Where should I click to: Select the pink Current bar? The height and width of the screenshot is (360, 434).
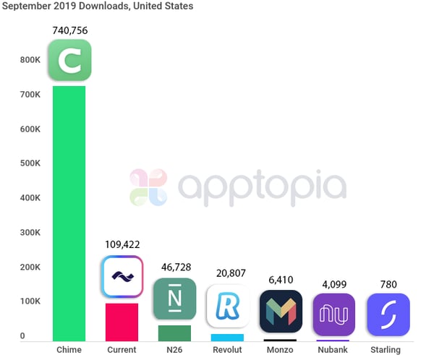[x=122, y=322]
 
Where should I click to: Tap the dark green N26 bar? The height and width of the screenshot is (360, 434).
[x=174, y=333]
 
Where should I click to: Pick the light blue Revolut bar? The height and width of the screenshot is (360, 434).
[x=227, y=337]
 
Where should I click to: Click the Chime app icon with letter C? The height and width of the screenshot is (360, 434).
[x=69, y=61]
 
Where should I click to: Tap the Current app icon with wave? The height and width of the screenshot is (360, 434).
[x=122, y=277]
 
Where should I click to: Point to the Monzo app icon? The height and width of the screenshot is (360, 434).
[x=281, y=312]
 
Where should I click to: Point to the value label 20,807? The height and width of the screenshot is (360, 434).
[x=228, y=274]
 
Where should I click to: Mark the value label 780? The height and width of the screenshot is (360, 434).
[x=388, y=283]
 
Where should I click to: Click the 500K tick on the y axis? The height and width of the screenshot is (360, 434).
[x=29, y=164]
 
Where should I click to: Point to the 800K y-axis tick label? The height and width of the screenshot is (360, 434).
[x=29, y=60]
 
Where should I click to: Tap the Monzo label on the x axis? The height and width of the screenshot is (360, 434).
[x=281, y=350]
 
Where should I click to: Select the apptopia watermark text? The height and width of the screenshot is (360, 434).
[x=262, y=186]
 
